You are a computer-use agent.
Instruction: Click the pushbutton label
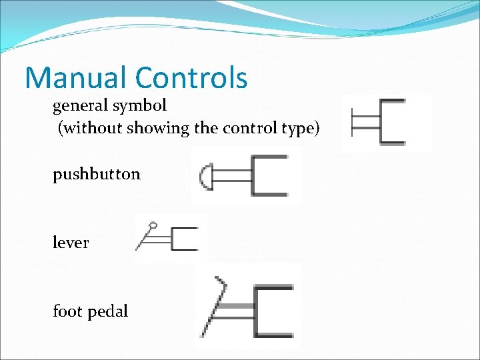(97, 175)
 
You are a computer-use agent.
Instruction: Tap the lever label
(71, 243)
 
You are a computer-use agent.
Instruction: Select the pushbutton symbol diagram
(247, 176)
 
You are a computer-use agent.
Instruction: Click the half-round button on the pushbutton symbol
(205, 176)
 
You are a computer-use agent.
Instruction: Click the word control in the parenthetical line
(249, 128)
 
